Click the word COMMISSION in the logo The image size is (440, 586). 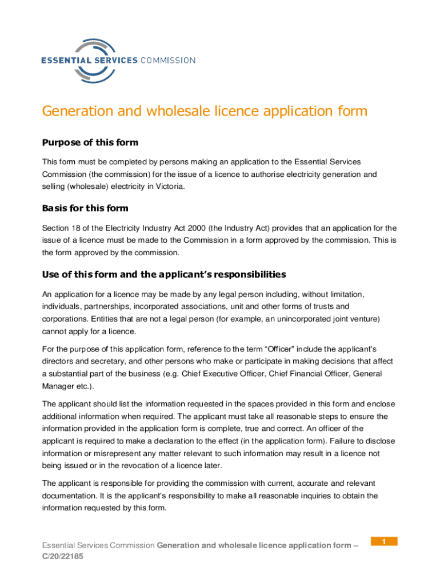click(167, 61)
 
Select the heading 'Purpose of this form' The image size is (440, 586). click(90, 142)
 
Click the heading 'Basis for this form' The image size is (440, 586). click(85, 208)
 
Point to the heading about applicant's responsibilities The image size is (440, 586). click(164, 274)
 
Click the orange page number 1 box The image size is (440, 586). click(384, 541)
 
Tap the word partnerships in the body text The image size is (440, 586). click(110, 306)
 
